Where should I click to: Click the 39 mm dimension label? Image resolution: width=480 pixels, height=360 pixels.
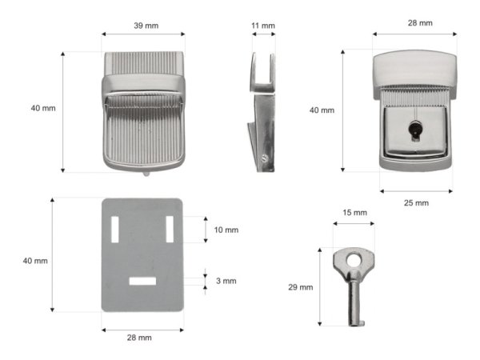pos(146,26)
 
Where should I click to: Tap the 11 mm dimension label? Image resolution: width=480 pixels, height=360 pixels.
pos(263,26)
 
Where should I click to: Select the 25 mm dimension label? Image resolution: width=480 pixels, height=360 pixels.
pos(416,203)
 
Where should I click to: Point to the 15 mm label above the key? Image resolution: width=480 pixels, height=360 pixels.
pos(354,213)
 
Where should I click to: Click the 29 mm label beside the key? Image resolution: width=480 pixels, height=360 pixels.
pos(301,287)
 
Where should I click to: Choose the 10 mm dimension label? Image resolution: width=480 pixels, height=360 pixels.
pos(226,230)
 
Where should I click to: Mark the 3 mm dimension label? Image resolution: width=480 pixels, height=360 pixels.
pos(226,281)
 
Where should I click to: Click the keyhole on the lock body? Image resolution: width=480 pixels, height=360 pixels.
pos(415,130)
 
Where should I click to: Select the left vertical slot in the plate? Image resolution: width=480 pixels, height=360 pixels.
pos(114,230)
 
